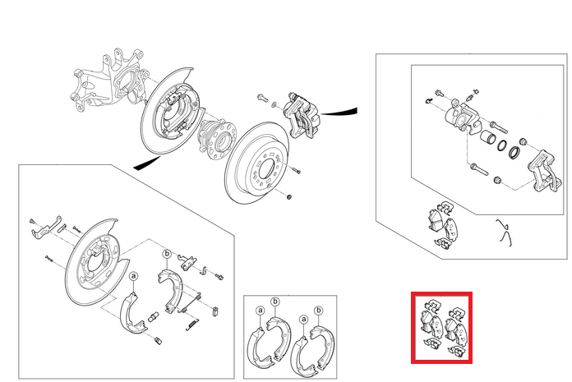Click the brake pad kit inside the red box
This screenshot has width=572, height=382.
(442, 327)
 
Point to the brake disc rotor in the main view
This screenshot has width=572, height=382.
(256, 163)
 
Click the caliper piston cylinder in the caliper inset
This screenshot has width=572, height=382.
(487, 139)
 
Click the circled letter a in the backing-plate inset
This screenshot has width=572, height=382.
(133, 276)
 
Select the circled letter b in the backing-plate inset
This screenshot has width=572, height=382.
(167, 254)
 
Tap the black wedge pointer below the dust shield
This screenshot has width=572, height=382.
(146, 163)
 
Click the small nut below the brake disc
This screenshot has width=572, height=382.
(289, 197)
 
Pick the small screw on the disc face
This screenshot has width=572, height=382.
(296, 170)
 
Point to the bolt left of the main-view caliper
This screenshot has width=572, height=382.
(262, 97)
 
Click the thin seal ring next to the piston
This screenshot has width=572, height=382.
(501, 145)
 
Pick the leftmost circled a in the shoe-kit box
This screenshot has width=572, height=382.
(261, 311)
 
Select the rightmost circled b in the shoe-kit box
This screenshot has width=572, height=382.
(319, 311)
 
